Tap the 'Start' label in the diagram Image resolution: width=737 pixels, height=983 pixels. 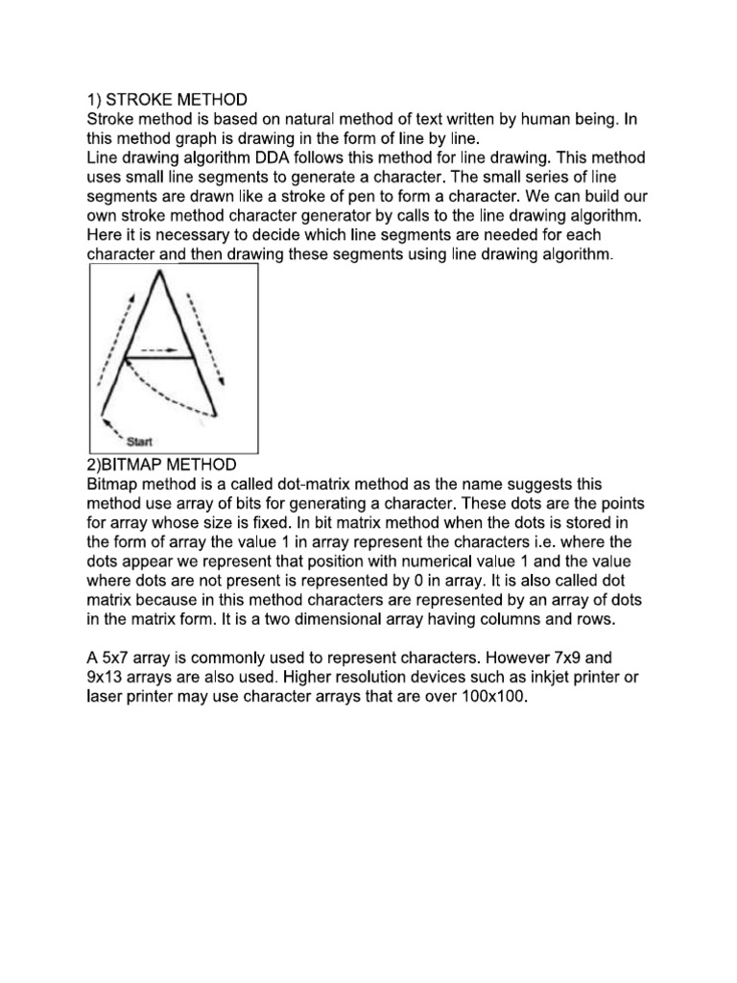(x=140, y=442)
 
